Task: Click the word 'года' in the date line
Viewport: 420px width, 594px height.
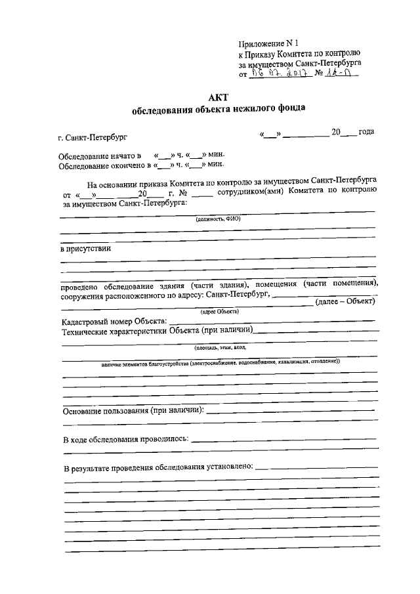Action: (366, 132)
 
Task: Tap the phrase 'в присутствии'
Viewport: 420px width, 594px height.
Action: (86, 249)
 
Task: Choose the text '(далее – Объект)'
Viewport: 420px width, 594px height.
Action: (345, 301)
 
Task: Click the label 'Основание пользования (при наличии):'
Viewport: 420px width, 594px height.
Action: (134, 411)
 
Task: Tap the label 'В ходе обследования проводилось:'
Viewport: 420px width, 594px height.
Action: (126, 438)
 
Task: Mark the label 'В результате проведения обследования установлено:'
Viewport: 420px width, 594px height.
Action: (157, 467)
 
